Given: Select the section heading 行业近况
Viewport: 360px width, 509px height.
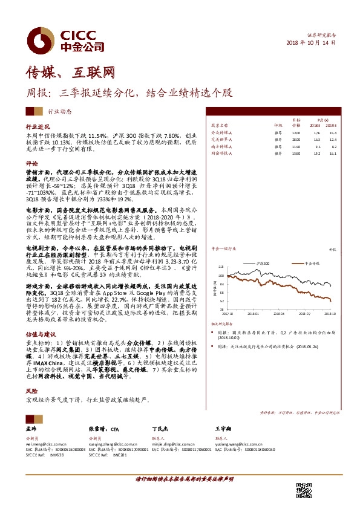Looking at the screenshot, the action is (x=37, y=128).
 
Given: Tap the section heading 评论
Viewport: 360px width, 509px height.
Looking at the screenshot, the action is (x=31, y=163).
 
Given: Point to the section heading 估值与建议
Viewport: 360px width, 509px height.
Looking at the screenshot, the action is (x=40, y=334).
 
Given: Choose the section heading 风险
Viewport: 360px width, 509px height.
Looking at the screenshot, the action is (x=31, y=390).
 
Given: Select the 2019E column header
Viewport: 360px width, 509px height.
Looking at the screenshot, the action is (x=331, y=125).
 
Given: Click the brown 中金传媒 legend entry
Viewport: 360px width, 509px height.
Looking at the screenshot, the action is (x=313, y=265).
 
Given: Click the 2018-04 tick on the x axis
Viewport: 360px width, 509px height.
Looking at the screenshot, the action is (x=278, y=314).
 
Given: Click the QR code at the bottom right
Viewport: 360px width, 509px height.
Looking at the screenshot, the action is (x=304, y=490).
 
